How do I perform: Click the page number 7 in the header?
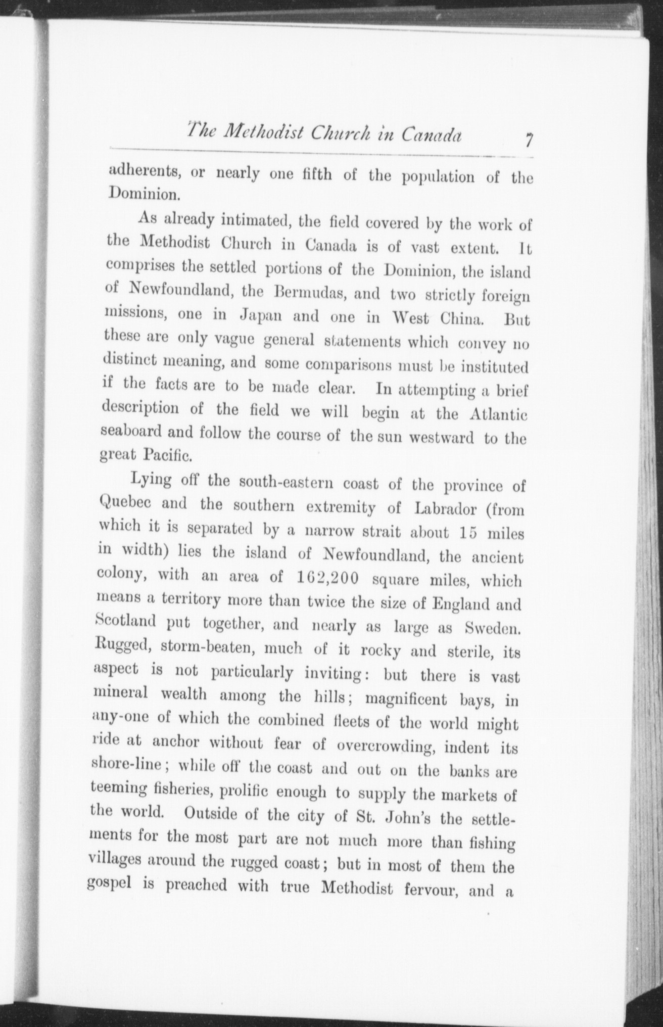coord(528,139)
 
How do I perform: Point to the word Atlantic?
coord(498,415)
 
